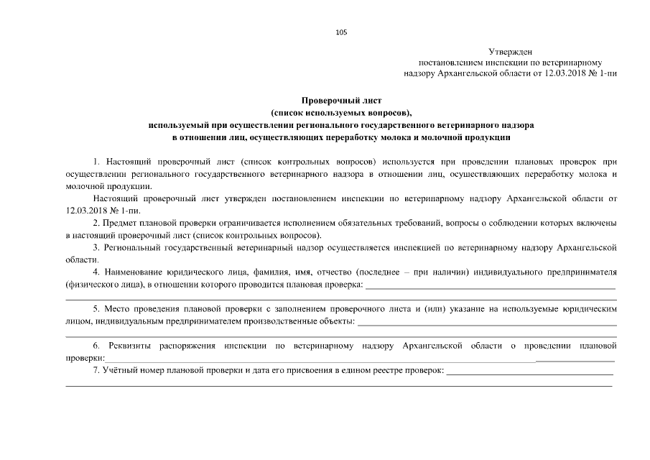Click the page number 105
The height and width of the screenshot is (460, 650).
click(x=341, y=32)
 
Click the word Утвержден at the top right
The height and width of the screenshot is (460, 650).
click(x=509, y=52)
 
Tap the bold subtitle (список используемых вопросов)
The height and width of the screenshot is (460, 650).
click(x=342, y=114)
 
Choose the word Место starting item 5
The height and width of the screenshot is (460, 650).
click(x=116, y=309)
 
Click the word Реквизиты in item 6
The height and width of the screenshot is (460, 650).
click(x=125, y=346)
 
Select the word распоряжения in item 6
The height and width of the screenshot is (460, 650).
click(x=187, y=346)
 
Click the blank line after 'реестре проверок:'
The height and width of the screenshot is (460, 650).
click(x=529, y=373)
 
